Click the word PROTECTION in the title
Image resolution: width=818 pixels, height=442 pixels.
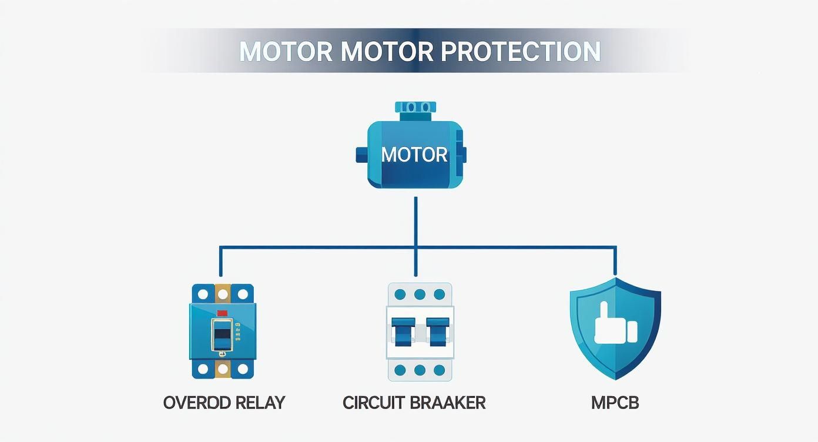click(520, 52)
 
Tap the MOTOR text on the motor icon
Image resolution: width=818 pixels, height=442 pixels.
click(414, 155)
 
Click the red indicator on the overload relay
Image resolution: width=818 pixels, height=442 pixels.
click(223, 313)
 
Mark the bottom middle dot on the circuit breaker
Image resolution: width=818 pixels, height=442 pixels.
click(420, 370)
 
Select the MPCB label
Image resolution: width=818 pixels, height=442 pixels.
click(615, 403)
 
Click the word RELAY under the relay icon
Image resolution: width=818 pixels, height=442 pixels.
click(259, 403)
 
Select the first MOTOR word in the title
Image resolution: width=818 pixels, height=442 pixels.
click(286, 52)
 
